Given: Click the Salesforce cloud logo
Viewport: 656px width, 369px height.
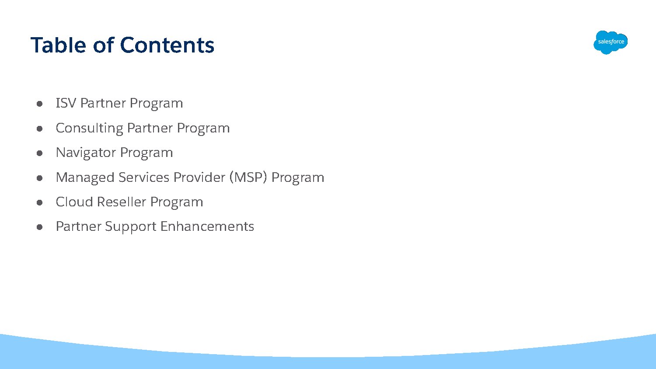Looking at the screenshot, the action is [x=611, y=42].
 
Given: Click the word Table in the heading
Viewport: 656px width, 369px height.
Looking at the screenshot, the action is [x=58, y=45].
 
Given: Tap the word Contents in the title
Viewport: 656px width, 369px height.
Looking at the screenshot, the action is [x=167, y=45].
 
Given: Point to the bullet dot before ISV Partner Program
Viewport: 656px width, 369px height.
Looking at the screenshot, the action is [x=39, y=104].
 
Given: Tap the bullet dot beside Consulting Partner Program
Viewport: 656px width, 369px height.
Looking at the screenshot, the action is [x=39, y=129].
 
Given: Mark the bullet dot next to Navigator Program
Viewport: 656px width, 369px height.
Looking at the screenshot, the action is [x=39, y=153].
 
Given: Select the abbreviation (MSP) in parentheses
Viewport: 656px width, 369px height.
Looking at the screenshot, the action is [x=248, y=178].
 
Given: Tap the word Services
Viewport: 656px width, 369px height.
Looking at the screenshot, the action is [x=144, y=178].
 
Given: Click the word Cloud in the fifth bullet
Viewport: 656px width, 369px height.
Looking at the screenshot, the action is [x=74, y=202].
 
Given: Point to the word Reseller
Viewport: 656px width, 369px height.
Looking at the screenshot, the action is [x=122, y=202].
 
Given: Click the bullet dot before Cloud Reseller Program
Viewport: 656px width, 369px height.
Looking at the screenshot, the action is [x=39, y=202].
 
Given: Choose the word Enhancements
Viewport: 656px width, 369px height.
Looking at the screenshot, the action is [x=207, y=226].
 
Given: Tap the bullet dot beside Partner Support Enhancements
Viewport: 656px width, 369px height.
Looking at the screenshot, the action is [x=39, y=227].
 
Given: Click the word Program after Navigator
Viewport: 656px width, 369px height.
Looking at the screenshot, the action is [x=147, y=153].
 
